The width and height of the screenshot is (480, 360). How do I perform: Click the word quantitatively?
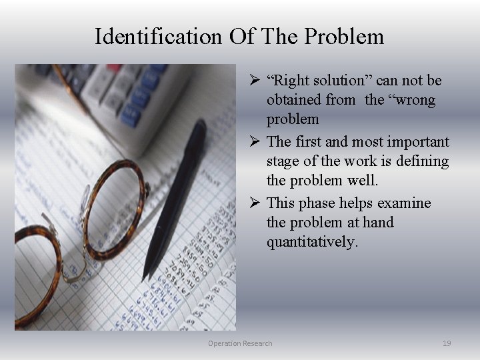tap(312, 242)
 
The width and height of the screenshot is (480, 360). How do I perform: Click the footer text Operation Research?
tap(240, 343)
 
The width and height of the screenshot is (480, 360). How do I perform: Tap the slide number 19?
tap(447, 343)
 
